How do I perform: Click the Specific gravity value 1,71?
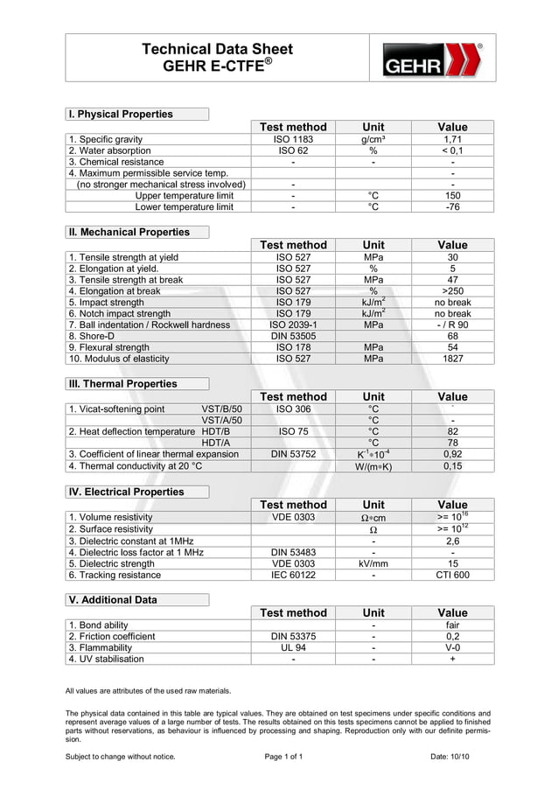[452, 139]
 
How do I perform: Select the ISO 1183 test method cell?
[293, 139]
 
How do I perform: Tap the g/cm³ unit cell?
[373, 139]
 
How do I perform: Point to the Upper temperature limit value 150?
[452, 196]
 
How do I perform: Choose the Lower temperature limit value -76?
[452, 207]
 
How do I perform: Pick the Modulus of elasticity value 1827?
[452, 359]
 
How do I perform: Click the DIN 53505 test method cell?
[293, 336]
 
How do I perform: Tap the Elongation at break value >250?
[452, 291]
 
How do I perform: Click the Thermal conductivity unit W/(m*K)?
[373, 466]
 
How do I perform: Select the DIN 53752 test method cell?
[293, 454]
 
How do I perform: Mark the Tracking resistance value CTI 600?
[452, 575]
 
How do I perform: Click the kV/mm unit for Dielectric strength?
[373, 563]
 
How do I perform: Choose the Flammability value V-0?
[452, 648]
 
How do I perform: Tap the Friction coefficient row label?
[112, 637]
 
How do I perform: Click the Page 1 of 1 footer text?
[283, 757]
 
